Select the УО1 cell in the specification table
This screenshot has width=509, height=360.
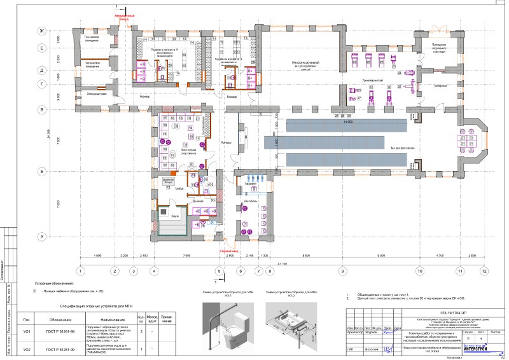(x=26, y=332)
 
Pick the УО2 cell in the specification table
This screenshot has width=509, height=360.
(x=26, y=350)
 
